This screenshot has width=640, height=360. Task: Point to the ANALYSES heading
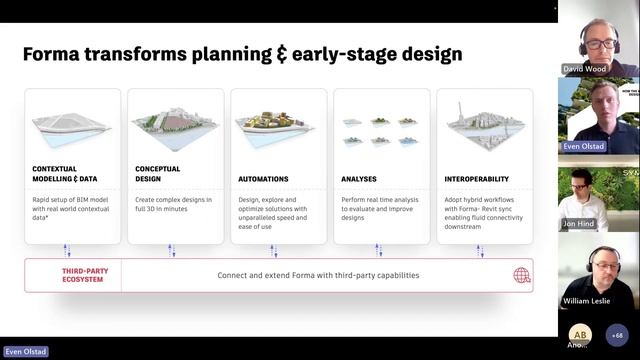pos(359,179)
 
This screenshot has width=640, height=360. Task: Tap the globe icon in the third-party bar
pos(521,275)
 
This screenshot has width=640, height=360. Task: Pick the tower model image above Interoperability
pos(484,125)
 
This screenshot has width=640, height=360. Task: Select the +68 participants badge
pos(616,335)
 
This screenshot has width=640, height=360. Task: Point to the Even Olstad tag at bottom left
pos(24,352)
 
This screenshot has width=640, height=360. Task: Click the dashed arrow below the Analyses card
pos(375,250)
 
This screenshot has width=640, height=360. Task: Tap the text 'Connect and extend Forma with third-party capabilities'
pos(318,275)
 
